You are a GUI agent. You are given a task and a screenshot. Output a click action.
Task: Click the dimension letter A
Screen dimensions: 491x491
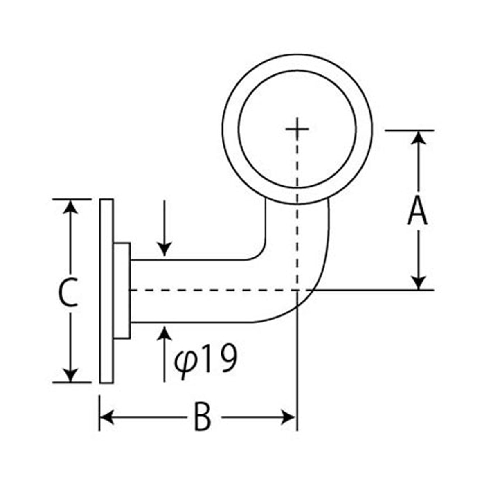pyautogui.click(x=417, y=212)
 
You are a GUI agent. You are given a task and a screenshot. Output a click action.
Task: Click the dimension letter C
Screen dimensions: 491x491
pyautogui.click(x=68, y=292)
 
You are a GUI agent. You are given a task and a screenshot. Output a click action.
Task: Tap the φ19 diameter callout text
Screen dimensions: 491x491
pyautogui.click(x=205, y=358)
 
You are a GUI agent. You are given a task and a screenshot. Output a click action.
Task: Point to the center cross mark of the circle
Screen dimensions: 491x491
pyautogui.click(x=297, y=129)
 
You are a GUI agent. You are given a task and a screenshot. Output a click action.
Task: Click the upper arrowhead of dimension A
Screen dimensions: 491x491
pyautogui.click(x=419, y=138)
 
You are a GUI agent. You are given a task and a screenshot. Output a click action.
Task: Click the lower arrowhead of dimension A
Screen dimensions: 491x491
pyautogui.click(x=419, y=283)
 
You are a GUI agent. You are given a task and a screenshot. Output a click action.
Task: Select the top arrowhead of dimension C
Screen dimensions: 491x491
pyautogui.click(x=70, y=207)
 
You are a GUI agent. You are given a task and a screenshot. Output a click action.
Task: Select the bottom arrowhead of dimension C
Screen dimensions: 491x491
pyautogui.click(x=70, y=375)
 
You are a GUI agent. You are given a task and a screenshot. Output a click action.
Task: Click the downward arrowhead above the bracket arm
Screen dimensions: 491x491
pyautogui.click(x=164, y=249)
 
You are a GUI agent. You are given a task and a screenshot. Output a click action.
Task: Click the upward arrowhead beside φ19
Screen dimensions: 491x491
pyautogui.click(x=164, y=333)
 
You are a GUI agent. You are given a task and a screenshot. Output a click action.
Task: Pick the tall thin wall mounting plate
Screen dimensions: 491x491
pyautogui.click(x=106, y=291)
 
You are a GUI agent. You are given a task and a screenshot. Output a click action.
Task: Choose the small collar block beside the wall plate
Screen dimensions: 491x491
pyautogui.click(x=122, y=291)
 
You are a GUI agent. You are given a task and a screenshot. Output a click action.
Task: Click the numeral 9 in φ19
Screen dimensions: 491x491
pyautogui.click(x=227, y=358)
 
